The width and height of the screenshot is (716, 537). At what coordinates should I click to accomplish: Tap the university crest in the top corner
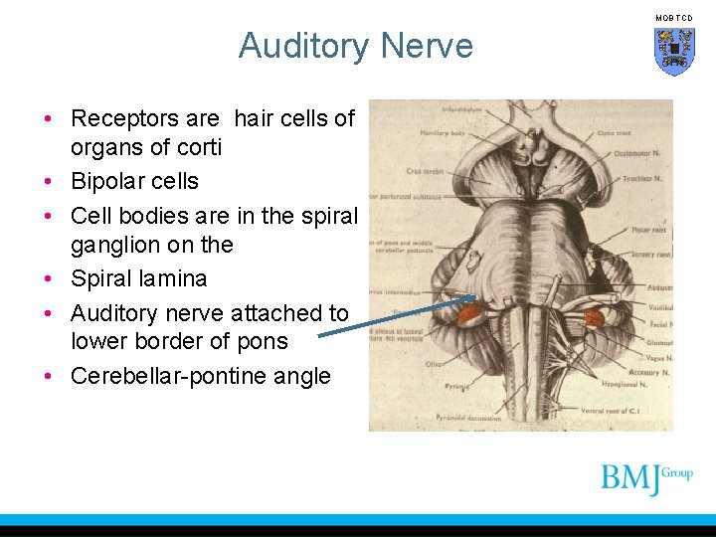tap(674, 50)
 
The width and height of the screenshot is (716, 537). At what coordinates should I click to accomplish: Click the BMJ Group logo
tap(646, 478)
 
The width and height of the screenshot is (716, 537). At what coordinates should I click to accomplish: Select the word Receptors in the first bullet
tap(144, 118)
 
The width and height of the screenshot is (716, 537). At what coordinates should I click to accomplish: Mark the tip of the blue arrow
tap(475, 296)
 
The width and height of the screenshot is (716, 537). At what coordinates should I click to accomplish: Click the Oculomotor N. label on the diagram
tap(651, 152)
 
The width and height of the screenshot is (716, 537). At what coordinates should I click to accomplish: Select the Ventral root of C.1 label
tap(639, 409)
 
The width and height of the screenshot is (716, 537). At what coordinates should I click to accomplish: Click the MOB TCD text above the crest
tap(675, 18)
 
